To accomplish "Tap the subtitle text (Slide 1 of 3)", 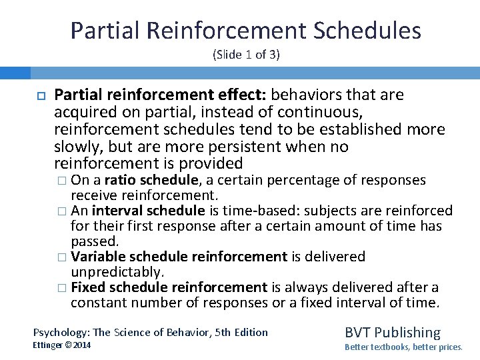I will coord(246,55).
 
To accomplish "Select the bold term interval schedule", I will coord(148,211).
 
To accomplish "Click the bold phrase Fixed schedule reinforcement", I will coord(169,287).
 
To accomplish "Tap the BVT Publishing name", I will coord(393,333).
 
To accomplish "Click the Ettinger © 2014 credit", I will coord(62,345).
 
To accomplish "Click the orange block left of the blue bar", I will coord(15,73).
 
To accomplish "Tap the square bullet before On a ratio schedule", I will coord(61,180).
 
